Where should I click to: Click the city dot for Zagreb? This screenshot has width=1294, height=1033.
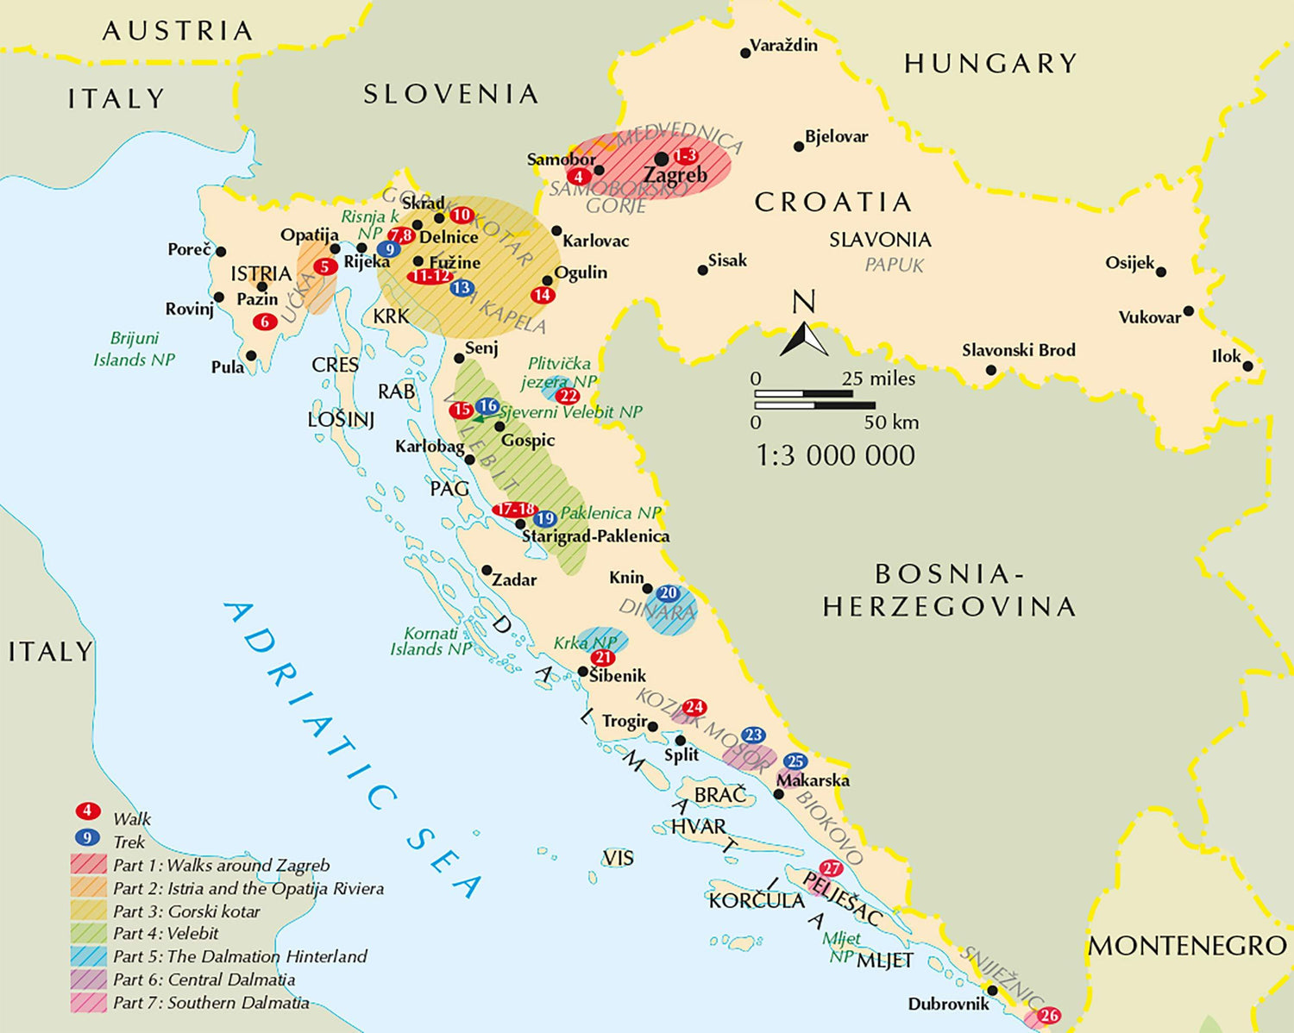click(x=661, y=160)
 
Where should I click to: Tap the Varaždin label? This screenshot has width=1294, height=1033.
click(x=783, y=46)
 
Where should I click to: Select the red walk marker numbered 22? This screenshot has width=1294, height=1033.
click(x=568, y=396)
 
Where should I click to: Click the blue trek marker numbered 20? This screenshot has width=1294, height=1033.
click(x=669, y=593)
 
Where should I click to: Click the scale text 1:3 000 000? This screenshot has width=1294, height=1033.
click(x=835, y=455)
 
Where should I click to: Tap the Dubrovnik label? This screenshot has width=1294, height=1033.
click(x=948, y=1004)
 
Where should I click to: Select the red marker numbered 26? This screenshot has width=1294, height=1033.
click(x=1049, y=1016)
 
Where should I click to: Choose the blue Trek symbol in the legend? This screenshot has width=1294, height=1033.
click(x=87, y=837)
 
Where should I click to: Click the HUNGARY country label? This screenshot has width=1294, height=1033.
click(x=990, y=64)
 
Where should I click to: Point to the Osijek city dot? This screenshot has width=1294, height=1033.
click(x=1161, y=272)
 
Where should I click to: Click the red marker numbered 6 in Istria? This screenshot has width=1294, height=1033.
click(x=265, y=322)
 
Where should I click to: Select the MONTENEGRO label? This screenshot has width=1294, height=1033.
click(x=1187, y=946)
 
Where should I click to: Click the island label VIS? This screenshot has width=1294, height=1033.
click(x=618, y=858)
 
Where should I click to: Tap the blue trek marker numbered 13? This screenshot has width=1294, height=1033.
click(x=462, y=288)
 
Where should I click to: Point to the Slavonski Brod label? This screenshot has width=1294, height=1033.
click(x=1018, y=350)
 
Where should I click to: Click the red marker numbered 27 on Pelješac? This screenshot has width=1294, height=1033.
click(x=831, y=868)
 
